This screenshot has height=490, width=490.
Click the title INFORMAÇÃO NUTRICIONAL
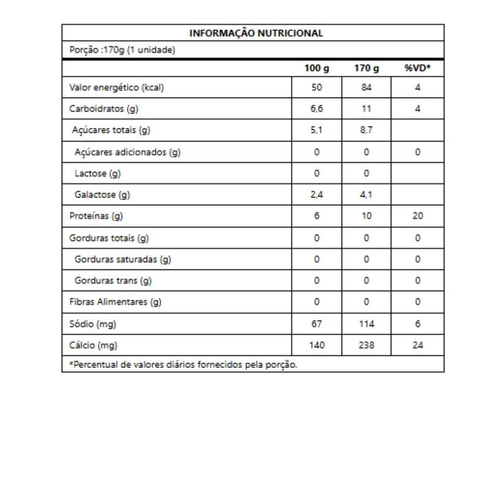[256, 33]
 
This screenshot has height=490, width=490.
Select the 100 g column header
[317, 69]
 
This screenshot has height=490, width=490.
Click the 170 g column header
[366, 69]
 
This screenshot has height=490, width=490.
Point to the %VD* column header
[418, 69]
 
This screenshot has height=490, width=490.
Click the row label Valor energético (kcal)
[116, 88]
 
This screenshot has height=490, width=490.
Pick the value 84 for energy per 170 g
[366, 88]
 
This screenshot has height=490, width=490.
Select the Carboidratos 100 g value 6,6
[317, 109]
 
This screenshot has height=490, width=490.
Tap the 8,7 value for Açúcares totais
[366, 130]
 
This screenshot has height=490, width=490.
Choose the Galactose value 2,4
[317, 195]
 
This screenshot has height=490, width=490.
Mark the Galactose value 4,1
[366, 195]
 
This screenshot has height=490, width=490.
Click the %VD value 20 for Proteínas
[418, 216]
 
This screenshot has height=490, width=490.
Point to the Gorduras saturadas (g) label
[123, 259]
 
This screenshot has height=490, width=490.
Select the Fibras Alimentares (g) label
[115, 302]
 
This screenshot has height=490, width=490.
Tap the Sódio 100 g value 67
[317, 324]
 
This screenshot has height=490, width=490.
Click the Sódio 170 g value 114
[366, 324]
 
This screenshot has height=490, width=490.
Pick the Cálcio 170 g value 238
[366, 345]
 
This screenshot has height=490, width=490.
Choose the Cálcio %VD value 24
[418, 345]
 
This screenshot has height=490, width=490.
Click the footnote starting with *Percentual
[183, 365]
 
